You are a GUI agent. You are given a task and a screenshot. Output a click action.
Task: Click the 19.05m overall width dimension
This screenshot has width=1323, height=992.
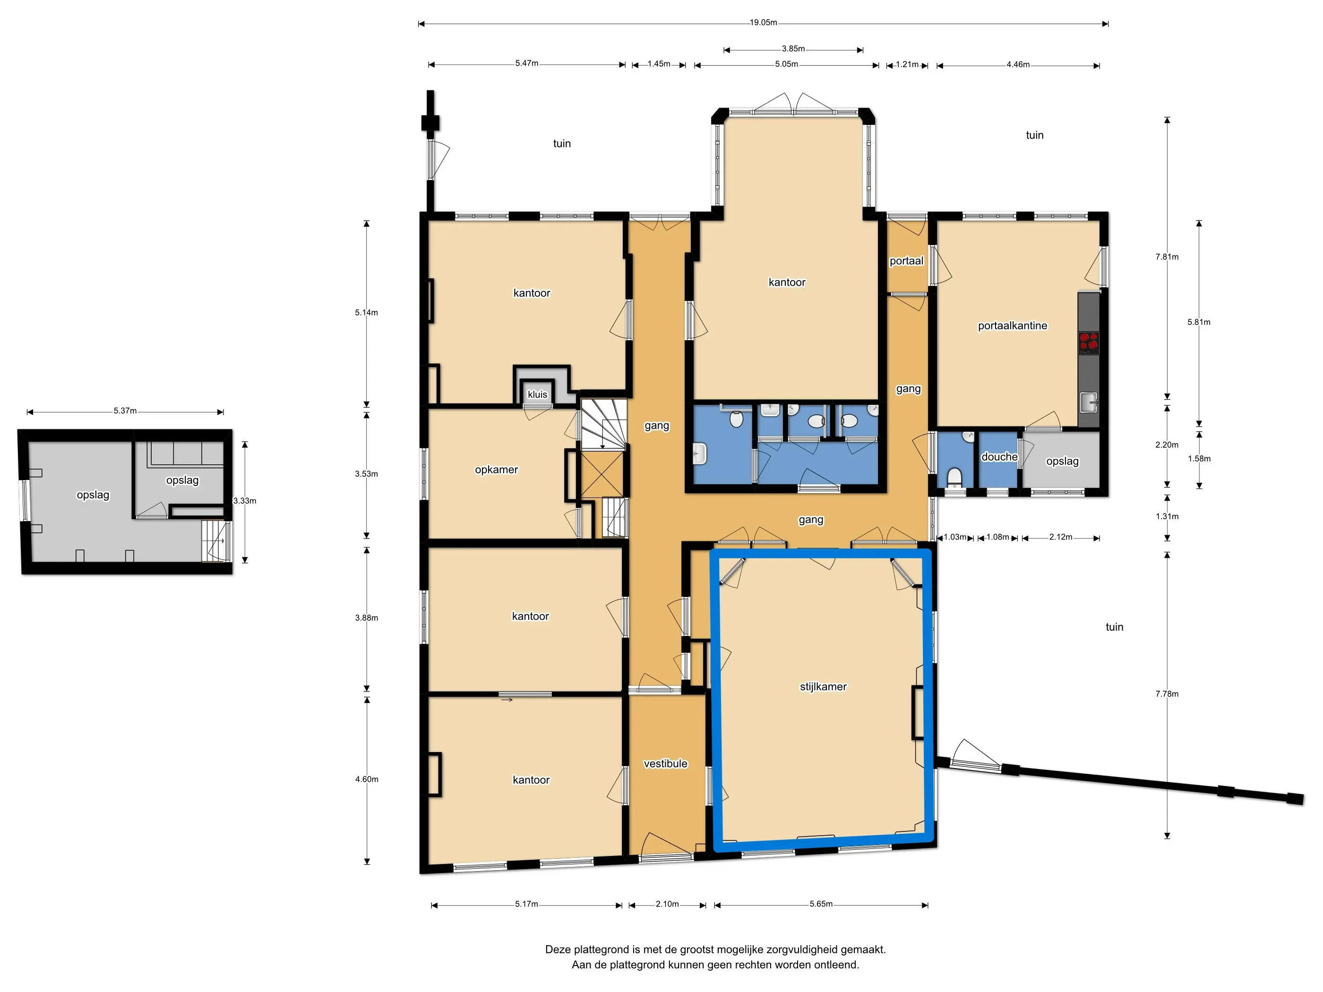(x=763, y=23)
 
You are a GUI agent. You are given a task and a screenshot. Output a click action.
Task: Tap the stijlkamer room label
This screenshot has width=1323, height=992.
(x=823, y=686)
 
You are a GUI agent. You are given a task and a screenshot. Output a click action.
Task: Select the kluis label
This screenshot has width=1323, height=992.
(x=537, y=394)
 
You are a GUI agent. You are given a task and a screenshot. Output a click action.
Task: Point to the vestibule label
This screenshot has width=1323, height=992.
(x=665, y=763)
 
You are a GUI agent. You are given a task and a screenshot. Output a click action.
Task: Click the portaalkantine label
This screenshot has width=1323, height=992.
(x=1012, y=326)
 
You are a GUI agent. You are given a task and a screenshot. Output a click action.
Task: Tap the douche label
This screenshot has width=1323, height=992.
(x=999, y=457)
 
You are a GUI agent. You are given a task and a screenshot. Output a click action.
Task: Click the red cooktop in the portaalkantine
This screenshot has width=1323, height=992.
(x=1089, y=341)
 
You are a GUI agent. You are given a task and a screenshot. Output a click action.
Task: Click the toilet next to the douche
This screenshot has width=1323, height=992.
(x=954, y=478)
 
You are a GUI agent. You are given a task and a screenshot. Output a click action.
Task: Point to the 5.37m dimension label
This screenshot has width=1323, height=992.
(x=125, y=411)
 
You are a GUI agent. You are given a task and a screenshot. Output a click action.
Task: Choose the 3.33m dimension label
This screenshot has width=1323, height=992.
(x=245, y=500)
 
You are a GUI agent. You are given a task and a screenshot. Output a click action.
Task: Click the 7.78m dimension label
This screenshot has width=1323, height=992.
(x=1166, y=693)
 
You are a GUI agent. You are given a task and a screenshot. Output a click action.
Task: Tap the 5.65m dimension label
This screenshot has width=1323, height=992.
(x=821, y=904)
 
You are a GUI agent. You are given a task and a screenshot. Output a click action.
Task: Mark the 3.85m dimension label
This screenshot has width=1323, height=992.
(x=793, y=49)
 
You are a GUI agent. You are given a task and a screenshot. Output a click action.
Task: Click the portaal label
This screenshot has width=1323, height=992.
(x=906, y=261)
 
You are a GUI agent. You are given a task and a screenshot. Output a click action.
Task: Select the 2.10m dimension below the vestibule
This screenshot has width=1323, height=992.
(x=667, y=904)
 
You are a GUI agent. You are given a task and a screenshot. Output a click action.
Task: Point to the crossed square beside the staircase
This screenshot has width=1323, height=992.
(x=602, y=474)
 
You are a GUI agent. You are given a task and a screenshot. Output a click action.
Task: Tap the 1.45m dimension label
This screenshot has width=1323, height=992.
(x=659, y=63)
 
